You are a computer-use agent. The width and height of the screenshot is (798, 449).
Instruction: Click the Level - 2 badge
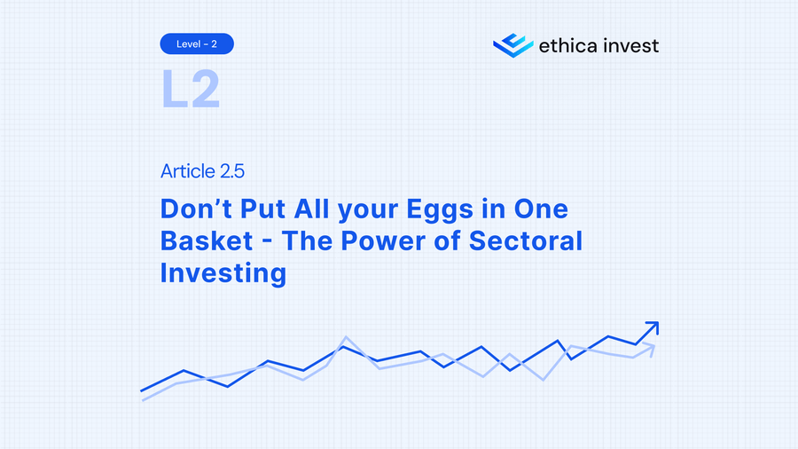197,43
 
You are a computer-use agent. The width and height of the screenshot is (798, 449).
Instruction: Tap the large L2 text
190,90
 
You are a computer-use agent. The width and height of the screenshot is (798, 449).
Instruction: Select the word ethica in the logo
568,44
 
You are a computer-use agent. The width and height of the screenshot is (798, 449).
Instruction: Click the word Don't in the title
197,209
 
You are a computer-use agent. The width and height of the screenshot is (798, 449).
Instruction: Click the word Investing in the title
223,272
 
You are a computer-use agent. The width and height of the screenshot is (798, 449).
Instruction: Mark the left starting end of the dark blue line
142,390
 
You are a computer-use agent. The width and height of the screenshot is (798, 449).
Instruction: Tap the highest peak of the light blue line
346,337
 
